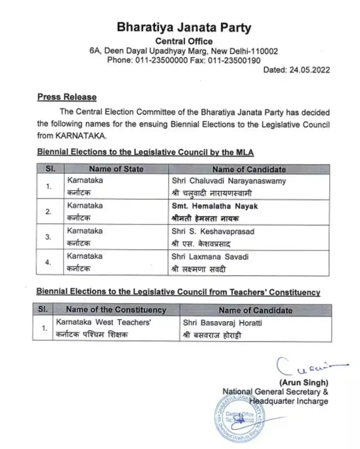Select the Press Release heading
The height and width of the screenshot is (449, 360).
pos(67,97)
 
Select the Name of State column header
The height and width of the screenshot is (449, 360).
pos(116,169)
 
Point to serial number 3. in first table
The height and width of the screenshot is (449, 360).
pos(49,237)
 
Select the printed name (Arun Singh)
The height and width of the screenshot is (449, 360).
pos(302,383)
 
